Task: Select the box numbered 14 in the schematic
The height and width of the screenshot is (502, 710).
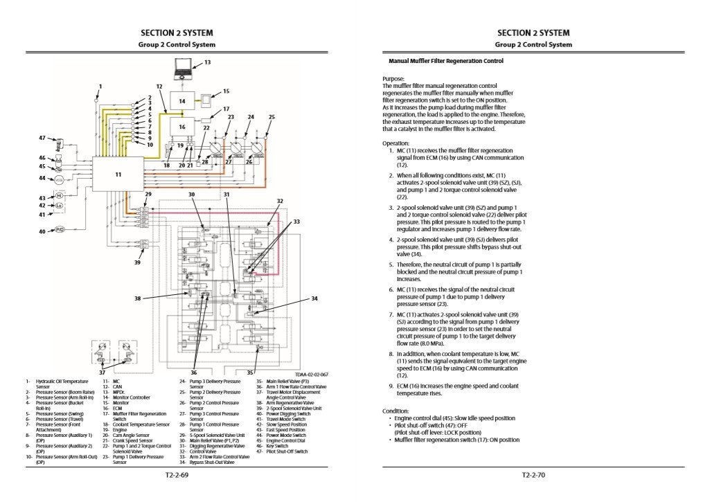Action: (182, 101)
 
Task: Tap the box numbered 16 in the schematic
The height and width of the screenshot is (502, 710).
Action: (182, 127)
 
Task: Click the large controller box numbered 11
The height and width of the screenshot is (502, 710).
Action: (118, 174)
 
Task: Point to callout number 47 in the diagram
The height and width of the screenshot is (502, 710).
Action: (42, 138)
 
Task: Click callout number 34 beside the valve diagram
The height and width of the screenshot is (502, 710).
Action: (314, 298)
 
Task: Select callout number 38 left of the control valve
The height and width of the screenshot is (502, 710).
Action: (138, 298)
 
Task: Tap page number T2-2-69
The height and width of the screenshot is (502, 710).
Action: (177, 476)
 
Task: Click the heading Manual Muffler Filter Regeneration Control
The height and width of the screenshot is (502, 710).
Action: (445, 61)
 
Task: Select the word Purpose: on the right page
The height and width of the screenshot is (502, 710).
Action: (393, 79)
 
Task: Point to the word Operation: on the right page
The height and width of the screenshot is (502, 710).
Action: (396, 143)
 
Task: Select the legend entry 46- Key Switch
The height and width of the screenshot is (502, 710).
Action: (277, 447)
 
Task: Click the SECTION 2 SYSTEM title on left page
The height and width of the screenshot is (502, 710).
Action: (177, 33)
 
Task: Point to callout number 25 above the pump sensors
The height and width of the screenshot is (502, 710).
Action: (272, 117)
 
